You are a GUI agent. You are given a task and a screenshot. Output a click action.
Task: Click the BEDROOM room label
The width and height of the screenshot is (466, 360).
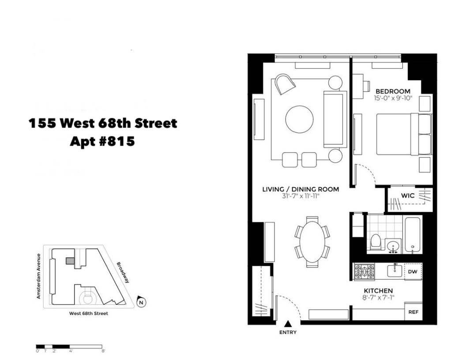393,91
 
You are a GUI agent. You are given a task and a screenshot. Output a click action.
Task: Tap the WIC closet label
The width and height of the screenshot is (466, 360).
408,195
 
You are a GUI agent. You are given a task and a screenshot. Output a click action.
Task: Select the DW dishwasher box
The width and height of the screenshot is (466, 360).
413,271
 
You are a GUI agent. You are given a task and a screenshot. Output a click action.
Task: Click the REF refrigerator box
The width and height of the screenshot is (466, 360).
413,312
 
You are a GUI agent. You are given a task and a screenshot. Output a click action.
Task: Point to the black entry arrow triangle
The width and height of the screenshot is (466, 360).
288,324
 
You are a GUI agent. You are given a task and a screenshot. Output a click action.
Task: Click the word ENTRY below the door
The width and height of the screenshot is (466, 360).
288,333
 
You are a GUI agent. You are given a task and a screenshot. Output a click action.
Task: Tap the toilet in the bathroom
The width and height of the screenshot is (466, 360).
376,242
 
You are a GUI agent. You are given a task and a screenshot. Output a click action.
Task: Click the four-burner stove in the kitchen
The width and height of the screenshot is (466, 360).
364,271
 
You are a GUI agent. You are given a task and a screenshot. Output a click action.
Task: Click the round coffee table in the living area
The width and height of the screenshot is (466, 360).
300,119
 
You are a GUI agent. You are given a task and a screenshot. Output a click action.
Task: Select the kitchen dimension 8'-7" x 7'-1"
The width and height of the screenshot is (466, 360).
378,298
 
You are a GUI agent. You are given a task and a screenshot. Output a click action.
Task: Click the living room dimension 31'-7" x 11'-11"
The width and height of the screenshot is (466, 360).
301,196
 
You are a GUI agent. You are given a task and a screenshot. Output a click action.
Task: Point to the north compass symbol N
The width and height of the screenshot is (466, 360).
141,302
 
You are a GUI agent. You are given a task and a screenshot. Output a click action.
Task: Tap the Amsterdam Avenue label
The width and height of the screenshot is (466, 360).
39,276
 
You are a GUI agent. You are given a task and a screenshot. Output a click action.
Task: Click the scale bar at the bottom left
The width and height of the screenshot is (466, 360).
69,346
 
